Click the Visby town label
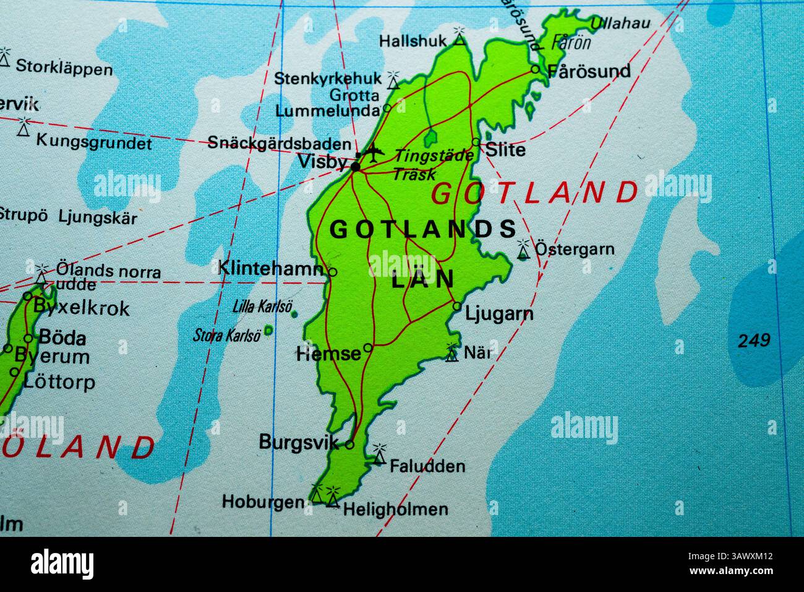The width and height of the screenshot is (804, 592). pos(322,162)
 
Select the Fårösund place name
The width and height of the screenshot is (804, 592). pos(589,71)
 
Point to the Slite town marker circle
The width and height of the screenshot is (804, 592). pos(475,142)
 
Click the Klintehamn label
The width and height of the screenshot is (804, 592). pos(271,268)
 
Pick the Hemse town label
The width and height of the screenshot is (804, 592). pos(328,354)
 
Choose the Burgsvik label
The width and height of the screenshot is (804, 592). pos(299,442)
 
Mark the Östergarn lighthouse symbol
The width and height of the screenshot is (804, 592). pos(523,249)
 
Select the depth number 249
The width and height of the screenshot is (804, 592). pos(754,340)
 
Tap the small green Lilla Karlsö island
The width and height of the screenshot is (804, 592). pos(293,313)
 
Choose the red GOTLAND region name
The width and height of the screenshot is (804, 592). pos(534,193)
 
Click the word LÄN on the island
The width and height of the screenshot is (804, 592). pos(423,279)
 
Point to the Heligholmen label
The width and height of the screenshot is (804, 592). pos(395,510)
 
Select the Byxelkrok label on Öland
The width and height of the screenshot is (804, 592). pos(81,307)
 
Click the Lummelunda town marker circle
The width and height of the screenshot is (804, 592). pos(387,107)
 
